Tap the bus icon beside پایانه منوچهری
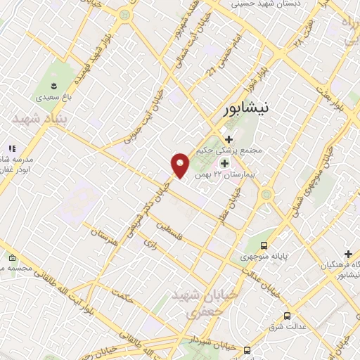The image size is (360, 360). point(264,245)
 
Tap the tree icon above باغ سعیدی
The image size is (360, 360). point(50,79)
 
